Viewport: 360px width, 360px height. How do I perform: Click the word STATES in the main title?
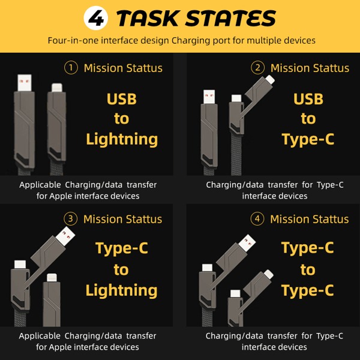(230, 18)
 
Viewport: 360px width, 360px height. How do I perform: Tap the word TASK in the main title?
(148, 18)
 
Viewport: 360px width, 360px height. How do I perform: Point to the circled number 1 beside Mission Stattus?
(71, 68)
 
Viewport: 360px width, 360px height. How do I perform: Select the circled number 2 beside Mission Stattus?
(257, 68)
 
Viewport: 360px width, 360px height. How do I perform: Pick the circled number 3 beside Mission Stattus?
(70, 218)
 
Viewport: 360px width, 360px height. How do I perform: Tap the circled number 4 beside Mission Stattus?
(257, 218)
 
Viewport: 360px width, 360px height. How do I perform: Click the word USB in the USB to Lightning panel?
(122, 99)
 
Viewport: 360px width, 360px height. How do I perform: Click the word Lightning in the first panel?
(122, 139)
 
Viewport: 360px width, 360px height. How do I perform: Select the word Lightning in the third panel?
(121, 290)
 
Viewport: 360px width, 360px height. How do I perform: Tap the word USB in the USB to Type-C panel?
(308, 99)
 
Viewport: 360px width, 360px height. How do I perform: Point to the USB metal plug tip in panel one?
(25, 83)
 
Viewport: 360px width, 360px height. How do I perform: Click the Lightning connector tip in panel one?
(57, 88)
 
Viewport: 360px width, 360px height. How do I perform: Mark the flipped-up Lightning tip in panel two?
(270, 79)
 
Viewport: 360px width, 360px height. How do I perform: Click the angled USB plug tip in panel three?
(65, 236)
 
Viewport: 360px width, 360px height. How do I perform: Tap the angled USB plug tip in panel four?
(247, 244)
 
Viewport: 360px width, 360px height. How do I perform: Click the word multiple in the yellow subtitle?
(264, 40)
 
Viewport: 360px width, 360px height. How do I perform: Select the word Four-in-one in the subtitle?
(73, 40)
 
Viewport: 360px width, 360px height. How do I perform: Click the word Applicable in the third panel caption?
(40, 336)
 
